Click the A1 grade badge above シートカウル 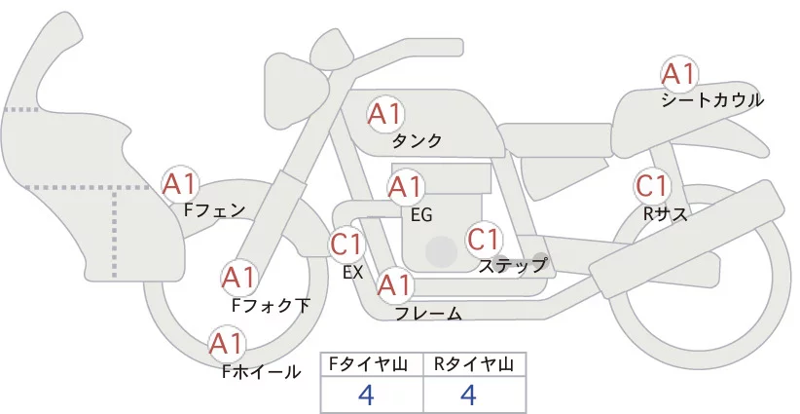click(678, 74)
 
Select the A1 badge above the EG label click(406, 186)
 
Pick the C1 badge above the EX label click(347, 243)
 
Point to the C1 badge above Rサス click(651, 185)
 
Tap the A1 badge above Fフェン click(180, 182)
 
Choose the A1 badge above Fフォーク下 click(238, 278)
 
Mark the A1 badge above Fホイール click(227, 343)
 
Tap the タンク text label click(418, 141)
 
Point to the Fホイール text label click(262, 371)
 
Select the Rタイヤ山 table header click(474, 365)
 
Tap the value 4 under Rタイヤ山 click(469, 395)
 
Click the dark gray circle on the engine click(441, 252)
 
